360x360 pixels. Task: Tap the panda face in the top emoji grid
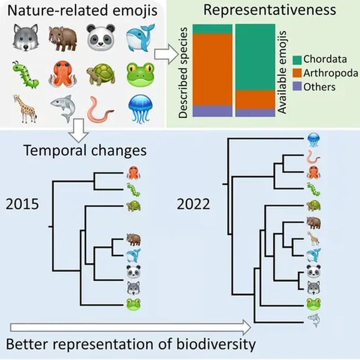(x=101, y=37)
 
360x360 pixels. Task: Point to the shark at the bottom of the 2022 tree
(x=313, y=321)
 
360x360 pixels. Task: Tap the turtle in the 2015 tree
(x=133, y=206)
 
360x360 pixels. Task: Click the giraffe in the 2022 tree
(x=313, y=239)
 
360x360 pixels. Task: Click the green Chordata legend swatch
(x=297, y=59)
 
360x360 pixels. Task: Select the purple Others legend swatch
(x=297, y=87)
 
